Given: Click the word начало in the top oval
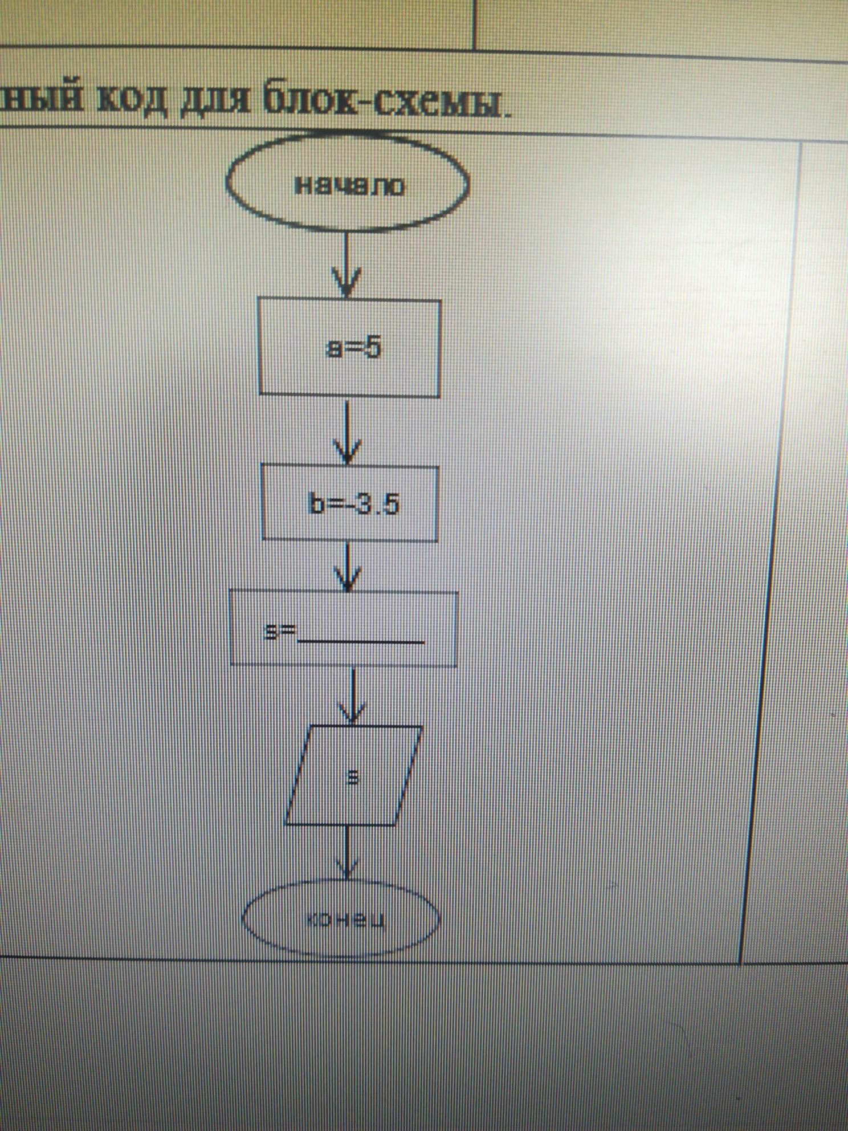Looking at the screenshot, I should pos(348,186).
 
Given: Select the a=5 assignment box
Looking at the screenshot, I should pos(349,348).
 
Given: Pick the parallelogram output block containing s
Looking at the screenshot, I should pos(353,775).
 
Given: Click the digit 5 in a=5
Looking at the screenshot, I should pos(372,348).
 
